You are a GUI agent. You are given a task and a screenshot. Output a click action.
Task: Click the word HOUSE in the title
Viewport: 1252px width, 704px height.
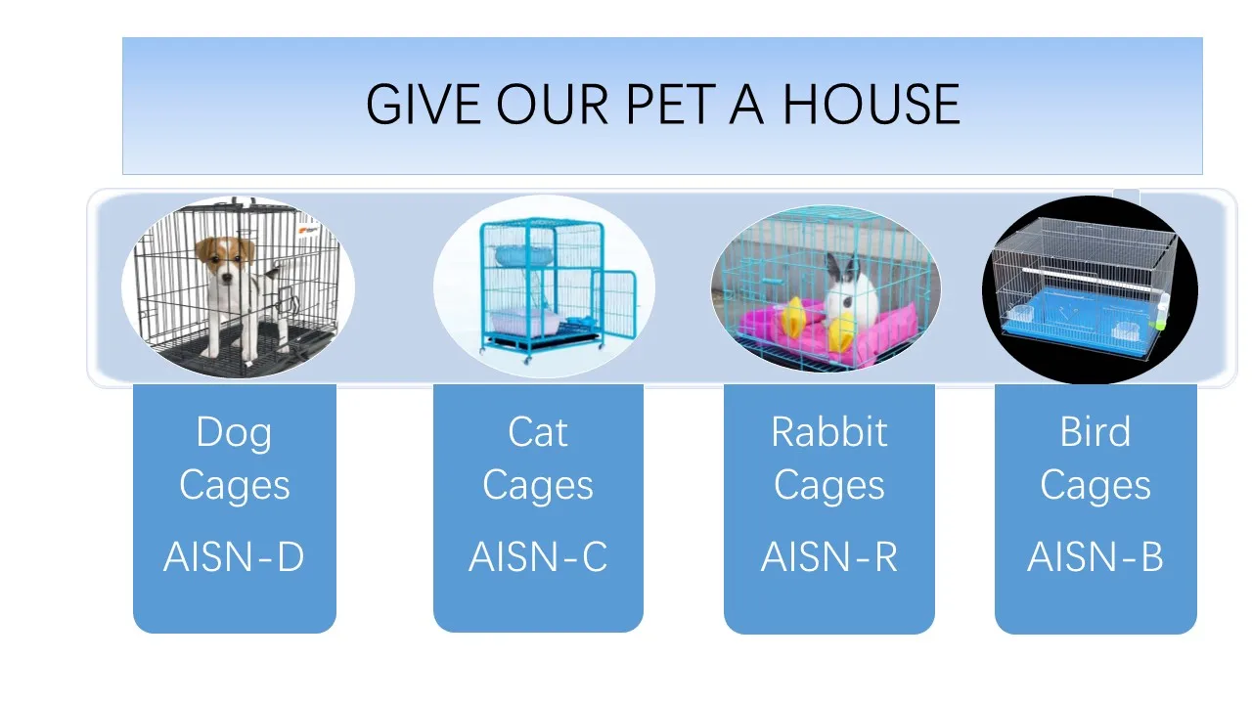point(871,104)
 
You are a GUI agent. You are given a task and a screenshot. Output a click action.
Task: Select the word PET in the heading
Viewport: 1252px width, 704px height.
point(671,104)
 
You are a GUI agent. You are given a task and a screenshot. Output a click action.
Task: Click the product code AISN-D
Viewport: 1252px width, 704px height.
point(234,556)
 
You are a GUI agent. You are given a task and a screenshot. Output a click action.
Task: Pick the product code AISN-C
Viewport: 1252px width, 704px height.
point(538,556)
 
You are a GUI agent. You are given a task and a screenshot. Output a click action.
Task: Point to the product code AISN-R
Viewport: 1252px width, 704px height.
point(828,556)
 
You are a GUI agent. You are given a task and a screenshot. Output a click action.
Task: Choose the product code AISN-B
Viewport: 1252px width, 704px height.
point(1095,556)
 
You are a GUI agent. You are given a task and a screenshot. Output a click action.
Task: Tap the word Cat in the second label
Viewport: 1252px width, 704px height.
point(538,432)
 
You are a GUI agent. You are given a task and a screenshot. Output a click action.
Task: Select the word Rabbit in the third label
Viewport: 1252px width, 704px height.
point(828,432)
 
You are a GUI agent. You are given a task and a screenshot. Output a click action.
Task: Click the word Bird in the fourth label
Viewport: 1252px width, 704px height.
point(1095,432)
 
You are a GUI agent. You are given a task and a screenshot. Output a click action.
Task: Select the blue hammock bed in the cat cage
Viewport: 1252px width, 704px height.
point(523,256)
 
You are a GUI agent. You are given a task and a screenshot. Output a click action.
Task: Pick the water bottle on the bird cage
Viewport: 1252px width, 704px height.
point(1162,312)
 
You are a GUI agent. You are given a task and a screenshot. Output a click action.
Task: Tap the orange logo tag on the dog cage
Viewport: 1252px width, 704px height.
point(308,230)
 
